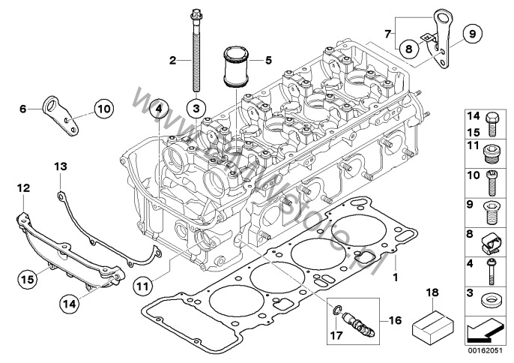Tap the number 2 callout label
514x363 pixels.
pyautogui.click(x=172, y=60)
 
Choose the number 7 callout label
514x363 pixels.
pyautogui.click(x=387, y=33)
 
